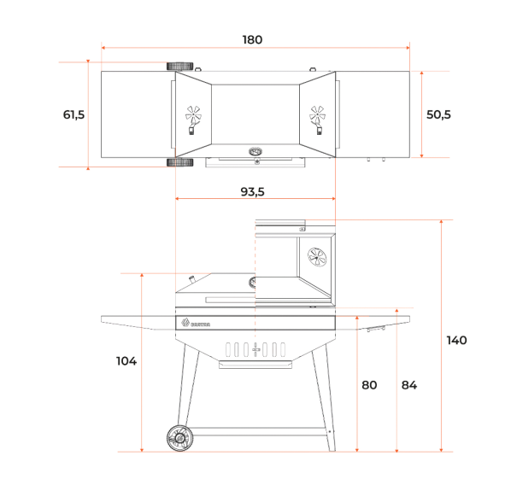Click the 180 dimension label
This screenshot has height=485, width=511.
tap(252, 40)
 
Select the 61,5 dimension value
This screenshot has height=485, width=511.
tap(73, 114)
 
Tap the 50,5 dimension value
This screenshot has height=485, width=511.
tap(438, 114)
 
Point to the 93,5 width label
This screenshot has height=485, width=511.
tap(252, 191)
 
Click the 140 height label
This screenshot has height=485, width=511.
tap(456, 341)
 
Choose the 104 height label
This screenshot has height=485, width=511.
tap(126, 361)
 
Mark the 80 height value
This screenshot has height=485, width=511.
tap(369, 385)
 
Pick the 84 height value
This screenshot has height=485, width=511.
tap(409, 385)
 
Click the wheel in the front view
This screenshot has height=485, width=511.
tap(179, 438)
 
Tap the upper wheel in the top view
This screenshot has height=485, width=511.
tap(180, 67)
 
